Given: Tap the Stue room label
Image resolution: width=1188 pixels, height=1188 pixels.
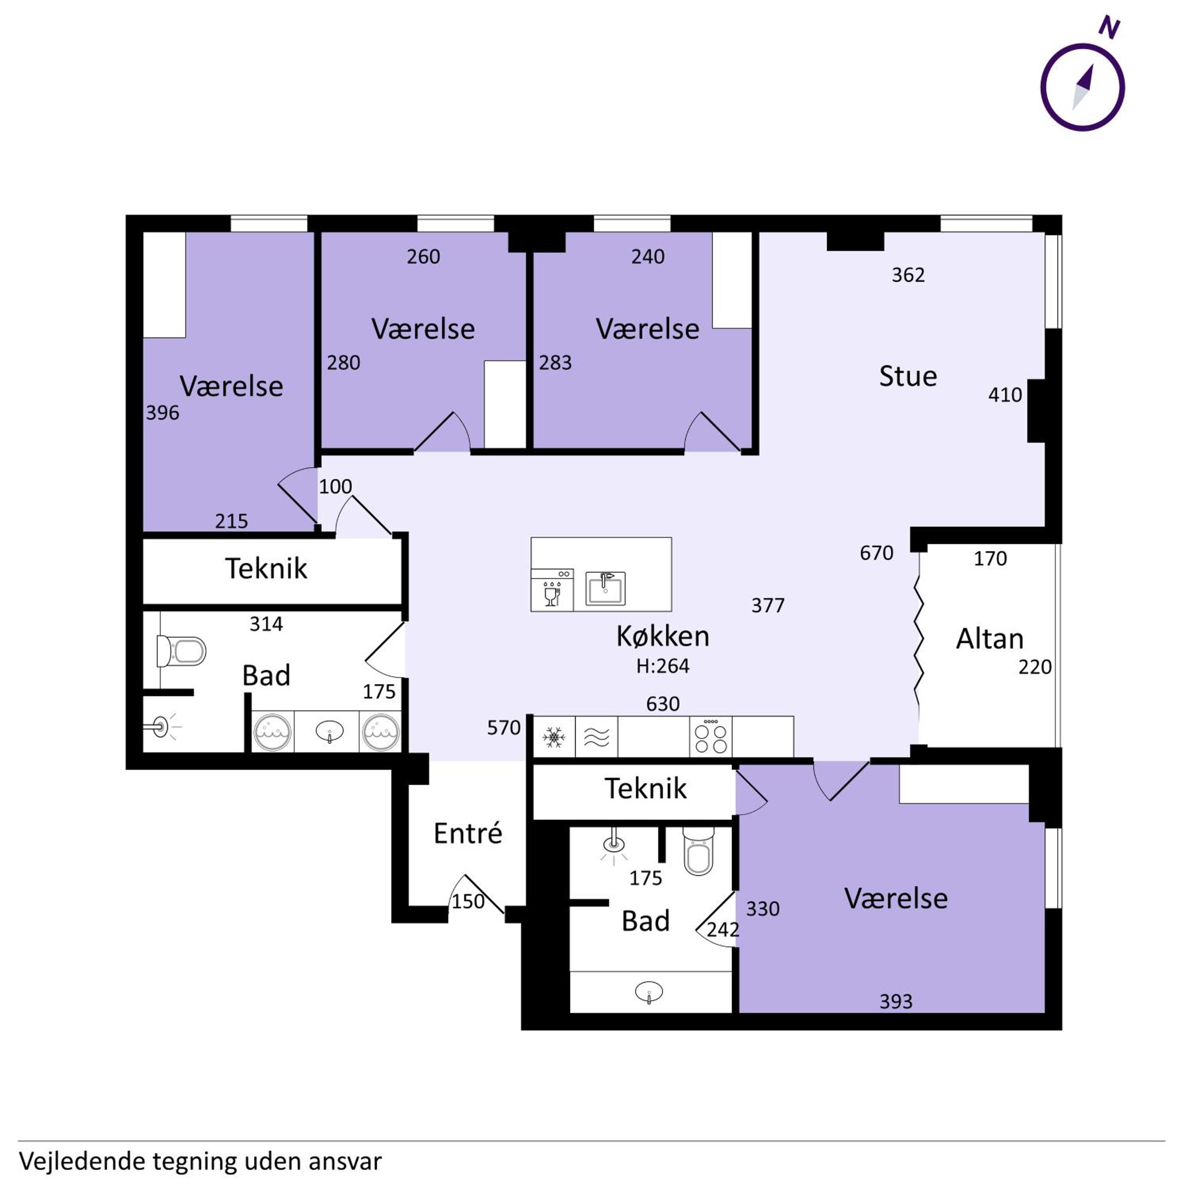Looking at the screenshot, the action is coord(908,376).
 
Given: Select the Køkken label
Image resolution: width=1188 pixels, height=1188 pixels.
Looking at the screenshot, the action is coord(663,636).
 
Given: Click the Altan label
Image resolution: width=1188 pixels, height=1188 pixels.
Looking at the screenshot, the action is coord(989,640).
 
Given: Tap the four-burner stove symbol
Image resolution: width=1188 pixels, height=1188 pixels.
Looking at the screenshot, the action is coord(711,737).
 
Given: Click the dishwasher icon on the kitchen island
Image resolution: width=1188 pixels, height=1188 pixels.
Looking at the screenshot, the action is coord(552,591).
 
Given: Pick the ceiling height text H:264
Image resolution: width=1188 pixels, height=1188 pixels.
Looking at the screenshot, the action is coord(663,666).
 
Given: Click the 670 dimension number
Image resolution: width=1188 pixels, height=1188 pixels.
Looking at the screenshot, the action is coord(876,553).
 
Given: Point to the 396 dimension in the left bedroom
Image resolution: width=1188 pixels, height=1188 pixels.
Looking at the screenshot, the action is coord(162,413).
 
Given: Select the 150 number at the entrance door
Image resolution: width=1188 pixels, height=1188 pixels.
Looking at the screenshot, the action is coord(468,901).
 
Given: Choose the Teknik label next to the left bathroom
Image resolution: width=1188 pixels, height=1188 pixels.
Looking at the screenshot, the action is coord(266,568).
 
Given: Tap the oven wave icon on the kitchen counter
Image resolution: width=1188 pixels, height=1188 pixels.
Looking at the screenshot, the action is coord(596,737).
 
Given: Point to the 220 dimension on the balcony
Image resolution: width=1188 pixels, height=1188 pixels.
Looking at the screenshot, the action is coord(1035,667).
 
